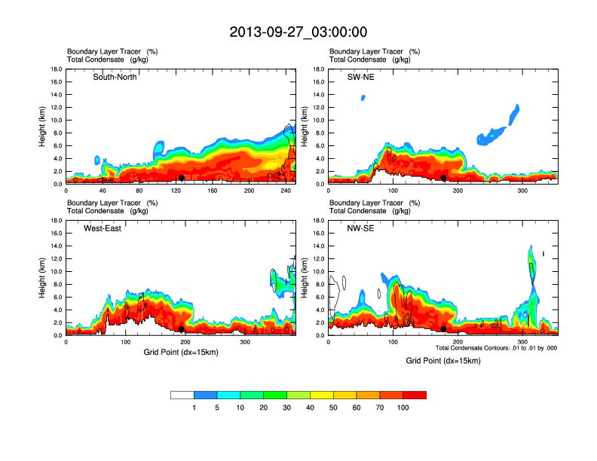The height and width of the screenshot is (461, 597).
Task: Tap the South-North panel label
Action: point(115,77)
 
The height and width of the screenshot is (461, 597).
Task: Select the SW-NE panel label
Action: point(360,77)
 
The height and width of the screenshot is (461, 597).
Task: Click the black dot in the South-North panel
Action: point(181,178)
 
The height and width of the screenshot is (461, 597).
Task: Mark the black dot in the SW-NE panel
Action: point(444,178)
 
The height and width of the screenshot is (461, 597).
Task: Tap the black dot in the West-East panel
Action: point(181,329)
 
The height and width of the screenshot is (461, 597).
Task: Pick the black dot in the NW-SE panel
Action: point(444,329)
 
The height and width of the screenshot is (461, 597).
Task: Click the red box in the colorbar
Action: point(415,395)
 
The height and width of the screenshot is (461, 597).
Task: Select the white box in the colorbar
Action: point(182,395)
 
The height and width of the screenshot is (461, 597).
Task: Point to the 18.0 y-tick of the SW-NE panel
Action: point(318,69)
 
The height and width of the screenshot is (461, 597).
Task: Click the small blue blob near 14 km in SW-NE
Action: point(363,98)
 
